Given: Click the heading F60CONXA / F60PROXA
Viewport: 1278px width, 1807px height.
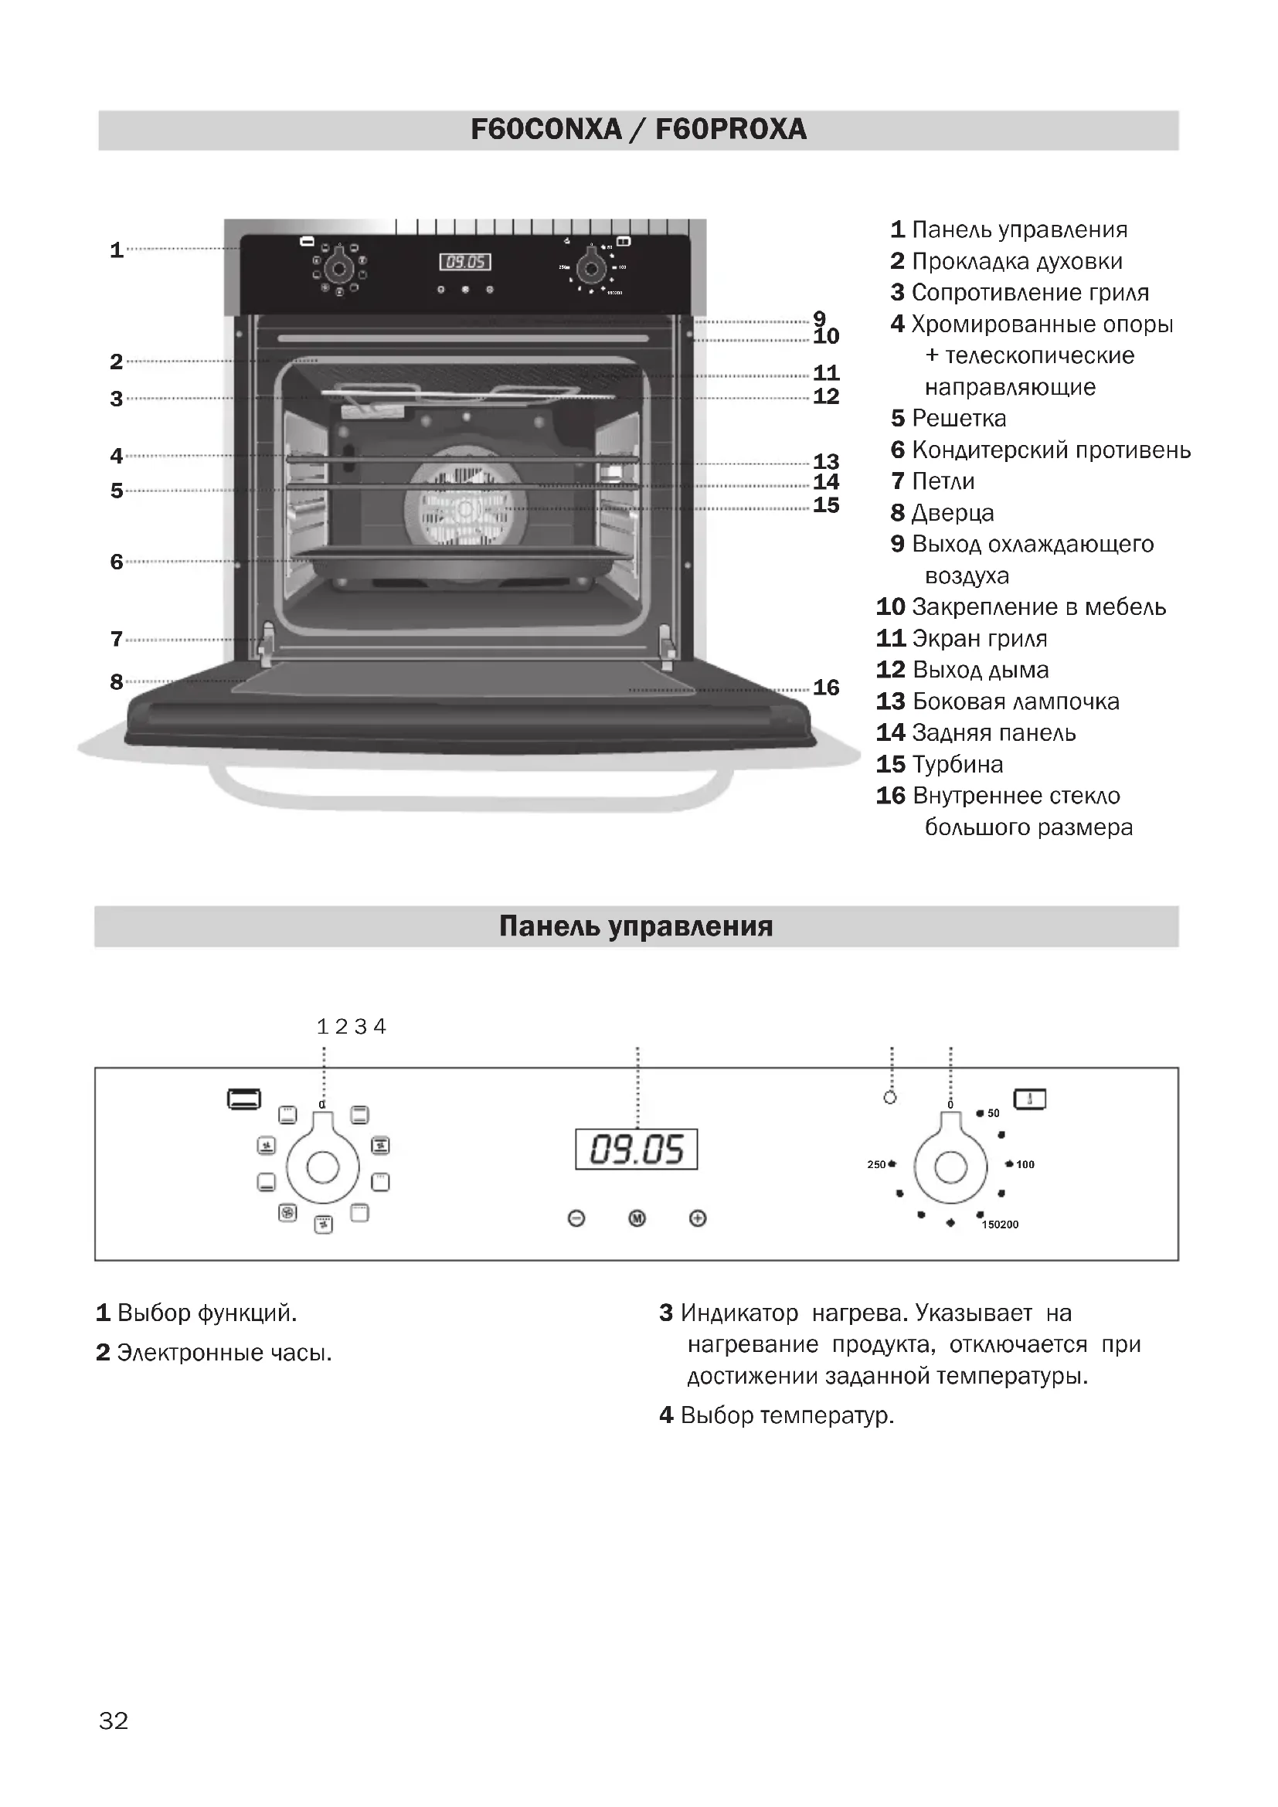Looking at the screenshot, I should pyautogui.click(x=638, y=130).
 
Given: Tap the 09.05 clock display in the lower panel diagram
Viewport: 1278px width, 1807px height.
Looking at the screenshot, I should pyautogui.click(x=636, y=1149).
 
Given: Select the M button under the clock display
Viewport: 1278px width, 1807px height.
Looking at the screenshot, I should pyautogui.click(x=637, y=1218).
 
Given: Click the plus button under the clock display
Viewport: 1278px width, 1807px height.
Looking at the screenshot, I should pyautogui.click(x=697, y=1218).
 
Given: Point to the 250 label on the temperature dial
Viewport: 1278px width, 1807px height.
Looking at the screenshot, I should pyautogui.click(x=876, y=1164).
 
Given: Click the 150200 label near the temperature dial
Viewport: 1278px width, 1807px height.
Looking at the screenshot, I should pyautogui.click(x=1000, y=1224).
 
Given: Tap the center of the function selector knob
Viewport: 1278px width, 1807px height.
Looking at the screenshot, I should pyautogui.click(x=323, y=1167).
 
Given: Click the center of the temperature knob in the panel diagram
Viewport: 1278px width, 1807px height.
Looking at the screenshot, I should pyautogui.click(x=950, y=1167).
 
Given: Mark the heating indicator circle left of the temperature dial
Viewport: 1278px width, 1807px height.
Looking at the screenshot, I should pyautogui.click(x=890, y=1098).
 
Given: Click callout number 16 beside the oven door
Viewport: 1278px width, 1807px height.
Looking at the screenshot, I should pyautogui.click(x=825, y=688).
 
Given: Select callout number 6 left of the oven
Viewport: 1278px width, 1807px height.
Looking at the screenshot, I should pyautogui.click(x=117, y=562).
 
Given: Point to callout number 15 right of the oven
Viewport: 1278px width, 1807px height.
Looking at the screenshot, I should pyautogui.click(x=825, y=505).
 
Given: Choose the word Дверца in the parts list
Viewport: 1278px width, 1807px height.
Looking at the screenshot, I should pyautogui.click(x=953, y=513).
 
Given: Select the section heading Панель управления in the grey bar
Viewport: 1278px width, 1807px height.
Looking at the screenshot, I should pyautogui.click(x=636, y=926).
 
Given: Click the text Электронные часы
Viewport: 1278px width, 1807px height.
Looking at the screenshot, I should pyautogui.click(x=224, y=1352).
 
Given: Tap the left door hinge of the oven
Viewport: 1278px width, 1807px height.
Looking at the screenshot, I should pyautogui.click(x=265, y=639).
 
